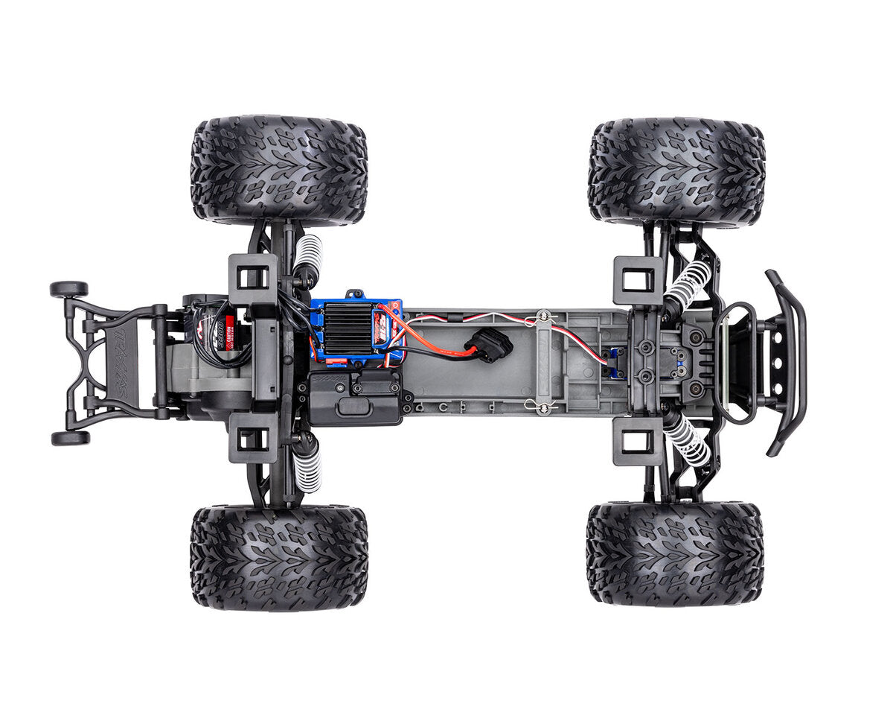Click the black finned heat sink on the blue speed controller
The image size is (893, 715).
click(348, 328)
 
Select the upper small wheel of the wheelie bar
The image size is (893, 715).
click(68, 289)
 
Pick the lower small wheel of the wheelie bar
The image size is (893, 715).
click(70, 438)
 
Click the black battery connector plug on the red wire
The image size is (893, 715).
click(489, 345)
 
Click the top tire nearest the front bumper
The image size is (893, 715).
click(676, 172)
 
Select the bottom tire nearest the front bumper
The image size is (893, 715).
click(674, 553)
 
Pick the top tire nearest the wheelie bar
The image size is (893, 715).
click(278, 171)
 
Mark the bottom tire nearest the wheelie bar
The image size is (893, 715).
click(278, 558)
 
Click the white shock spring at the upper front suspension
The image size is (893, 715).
click(688, 283)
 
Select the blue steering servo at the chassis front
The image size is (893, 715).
click(616, 363)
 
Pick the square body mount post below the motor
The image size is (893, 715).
click(253, 439)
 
